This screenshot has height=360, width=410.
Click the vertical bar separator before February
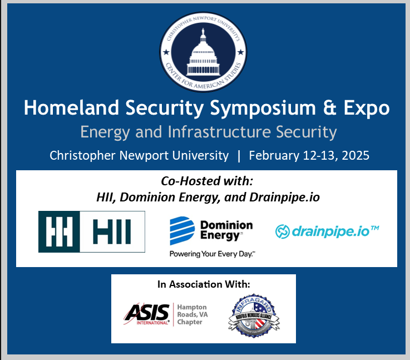(239, 155)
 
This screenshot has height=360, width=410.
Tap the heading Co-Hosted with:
(206, 181)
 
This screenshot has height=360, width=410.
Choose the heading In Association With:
(204, 284)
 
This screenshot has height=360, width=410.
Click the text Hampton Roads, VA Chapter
(192, 314)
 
